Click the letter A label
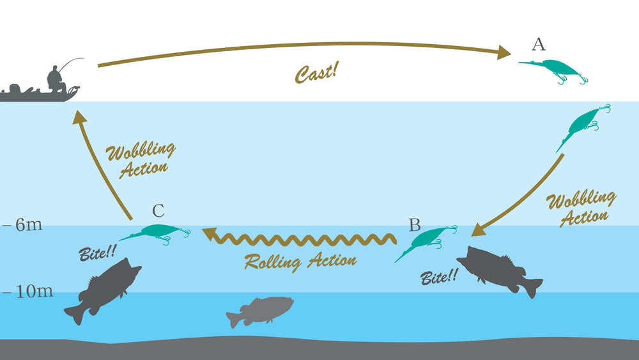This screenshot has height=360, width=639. (x=539, y=44)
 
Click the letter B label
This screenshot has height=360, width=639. (x=415, y=225)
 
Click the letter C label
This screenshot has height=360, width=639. (x=159, y=210)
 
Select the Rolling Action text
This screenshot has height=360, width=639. (x=300, y=260)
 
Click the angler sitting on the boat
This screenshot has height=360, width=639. (x=57, y=79)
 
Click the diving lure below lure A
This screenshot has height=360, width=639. (x=582, y=125)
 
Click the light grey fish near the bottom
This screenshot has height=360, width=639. (x=260, y=310)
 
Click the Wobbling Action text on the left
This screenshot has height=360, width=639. (x=139, y=159)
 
